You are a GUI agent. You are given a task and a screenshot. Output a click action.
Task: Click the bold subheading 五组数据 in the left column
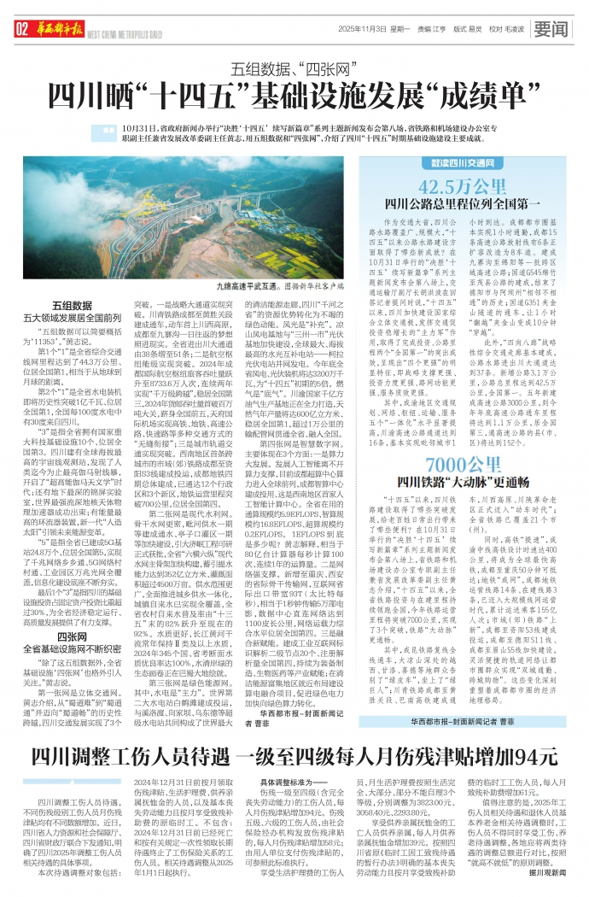pos(73,304)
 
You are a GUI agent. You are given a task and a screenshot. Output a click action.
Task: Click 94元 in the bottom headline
pos(534,756)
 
